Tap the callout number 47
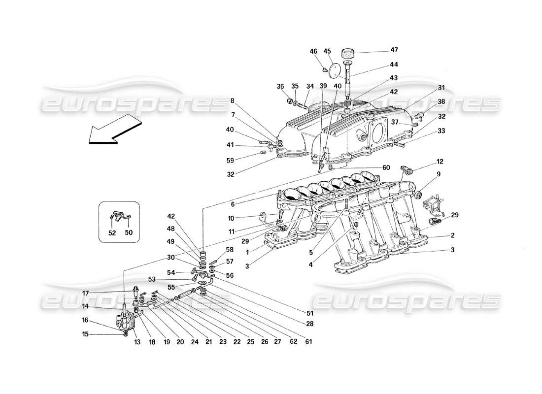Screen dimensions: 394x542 click(394, 50)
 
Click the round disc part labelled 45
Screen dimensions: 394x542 click(337, 70)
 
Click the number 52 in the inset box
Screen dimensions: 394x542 click(112, 233)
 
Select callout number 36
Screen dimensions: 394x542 click(280, 87)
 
